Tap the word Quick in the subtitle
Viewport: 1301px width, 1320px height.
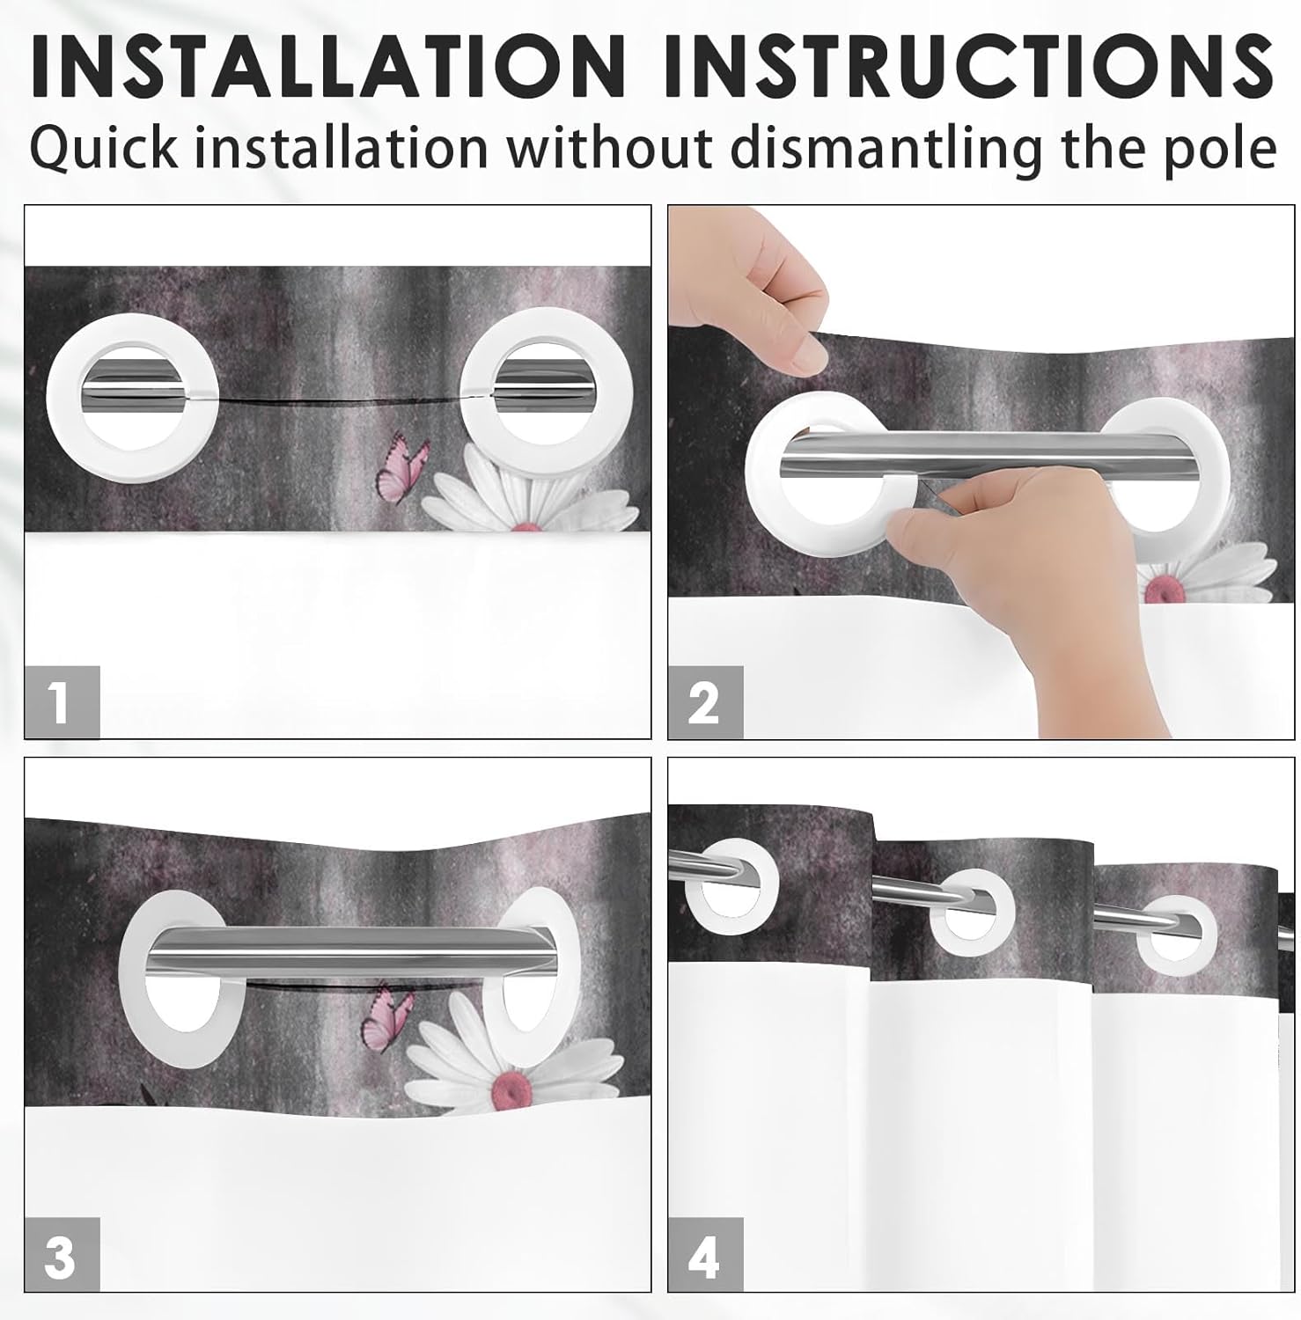[104, 147]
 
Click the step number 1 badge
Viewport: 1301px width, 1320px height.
[62, 702]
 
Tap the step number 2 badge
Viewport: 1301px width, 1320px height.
[705, 702]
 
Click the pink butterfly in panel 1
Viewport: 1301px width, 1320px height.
[402, 466]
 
